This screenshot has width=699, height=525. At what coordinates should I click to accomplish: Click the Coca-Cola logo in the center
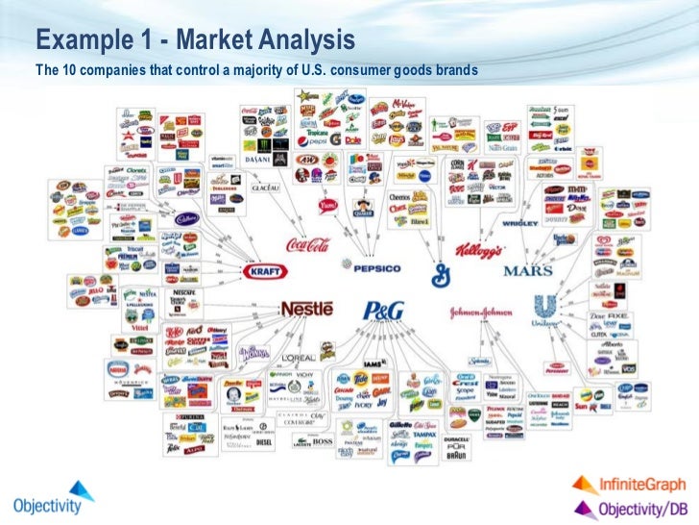click(x=305, y=244)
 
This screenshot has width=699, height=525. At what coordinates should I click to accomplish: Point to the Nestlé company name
click(x=306, y=310)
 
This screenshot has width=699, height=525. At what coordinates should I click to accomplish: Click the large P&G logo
click(x=383, y=312)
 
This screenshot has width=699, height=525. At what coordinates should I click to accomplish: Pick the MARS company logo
click(x=527, y=270)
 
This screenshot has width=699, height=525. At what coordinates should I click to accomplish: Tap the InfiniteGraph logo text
click(x=631, y=485)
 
